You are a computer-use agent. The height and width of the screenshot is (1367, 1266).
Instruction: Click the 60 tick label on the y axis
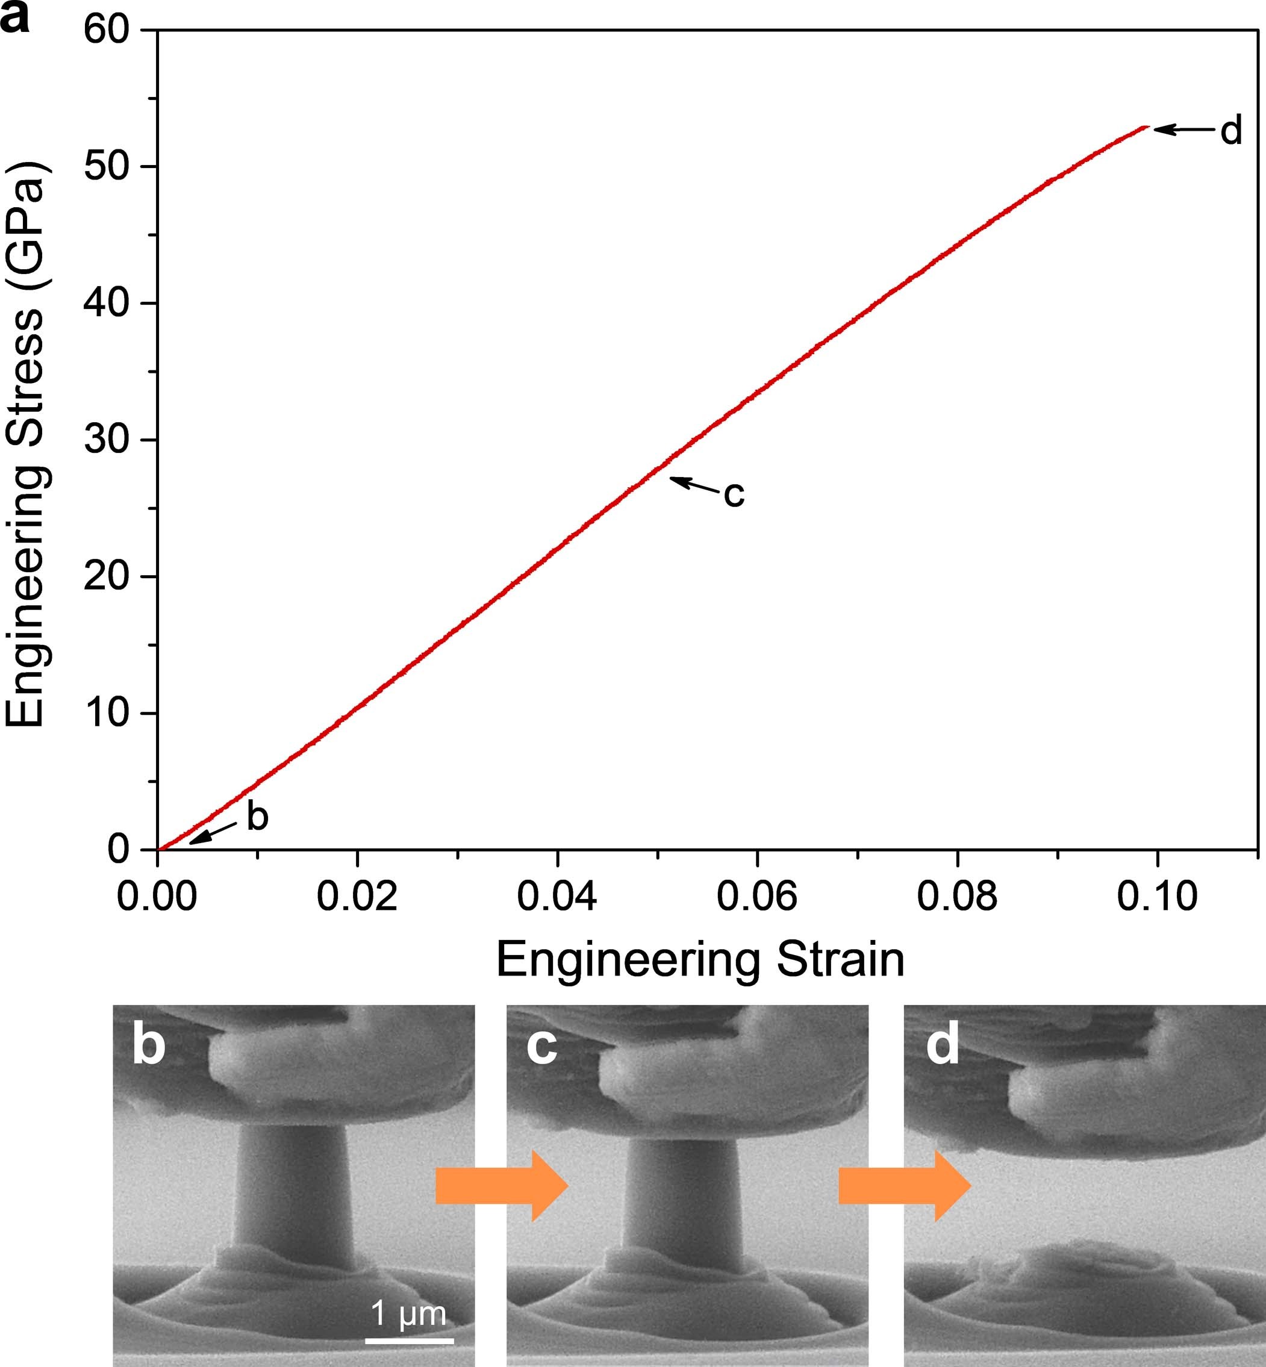(x=107, y=30)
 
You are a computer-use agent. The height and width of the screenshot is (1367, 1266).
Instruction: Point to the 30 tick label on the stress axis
(x=107, y=440)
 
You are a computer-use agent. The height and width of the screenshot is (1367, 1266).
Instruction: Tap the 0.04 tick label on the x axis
(x=557, y=895)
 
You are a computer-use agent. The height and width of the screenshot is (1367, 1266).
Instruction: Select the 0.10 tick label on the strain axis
(x=1157, y=895)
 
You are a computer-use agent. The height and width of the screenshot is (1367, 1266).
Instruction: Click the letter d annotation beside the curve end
(x=1231, y=130)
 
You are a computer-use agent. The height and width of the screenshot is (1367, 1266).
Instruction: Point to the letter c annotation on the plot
(x=734, y=493)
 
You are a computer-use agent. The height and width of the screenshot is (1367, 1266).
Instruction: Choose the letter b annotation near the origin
(x=257, y=817)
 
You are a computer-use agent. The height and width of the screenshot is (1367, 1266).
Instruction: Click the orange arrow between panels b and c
(x=502, y=1186)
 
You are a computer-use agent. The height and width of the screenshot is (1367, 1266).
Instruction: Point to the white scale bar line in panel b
(x=409, y=1340)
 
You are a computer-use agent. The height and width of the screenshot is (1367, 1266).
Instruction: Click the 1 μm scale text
(x=408, y=1313)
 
